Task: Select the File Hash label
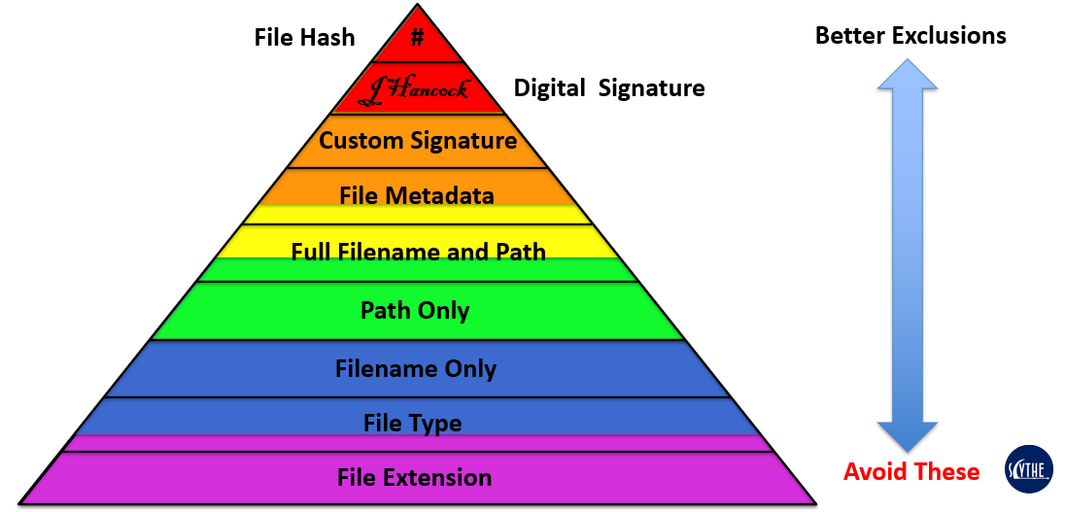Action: (304, 38)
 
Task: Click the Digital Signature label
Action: (609, 88)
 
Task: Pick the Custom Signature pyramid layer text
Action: (418, 141)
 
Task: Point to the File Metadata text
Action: (417, 195)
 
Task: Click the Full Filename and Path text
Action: (418, 253)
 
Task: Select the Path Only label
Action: (415, 311)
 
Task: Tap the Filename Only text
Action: (416, 369)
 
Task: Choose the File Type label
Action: (413, 424)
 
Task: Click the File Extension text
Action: (415, 478)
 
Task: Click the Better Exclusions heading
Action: (910, 36)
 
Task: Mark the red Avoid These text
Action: (911, 472)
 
